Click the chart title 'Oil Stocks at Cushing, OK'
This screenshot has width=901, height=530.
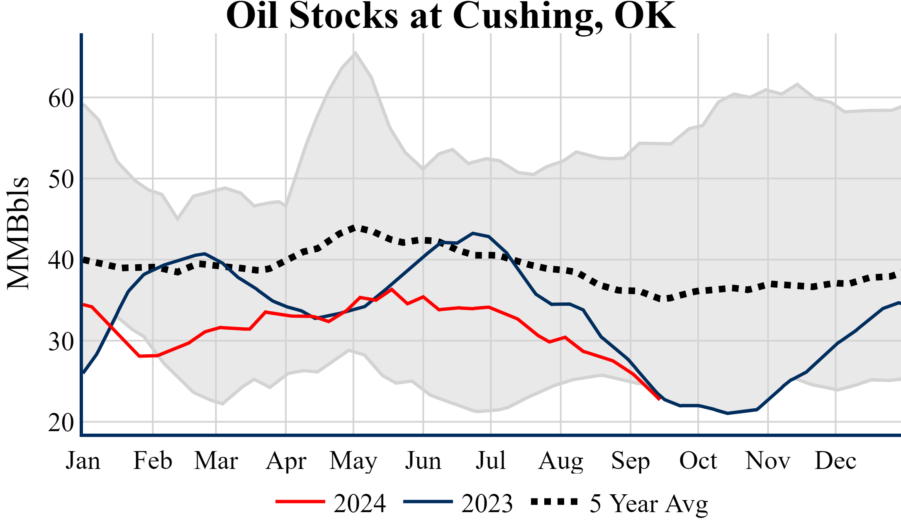coord(450,16)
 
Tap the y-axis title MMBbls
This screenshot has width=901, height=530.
coord(18,233)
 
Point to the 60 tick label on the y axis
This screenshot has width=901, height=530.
coord(61,99)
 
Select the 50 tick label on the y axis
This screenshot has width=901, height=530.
coord(61,180)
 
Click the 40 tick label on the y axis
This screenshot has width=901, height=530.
coord(61,261)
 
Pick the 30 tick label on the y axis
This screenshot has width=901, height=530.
coord(61,342)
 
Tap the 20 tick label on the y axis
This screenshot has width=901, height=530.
coord(61,423)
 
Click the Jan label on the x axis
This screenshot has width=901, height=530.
coord(83,461)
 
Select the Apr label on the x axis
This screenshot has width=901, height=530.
coord(286,461)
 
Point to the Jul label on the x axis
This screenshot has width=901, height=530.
coord(491,461)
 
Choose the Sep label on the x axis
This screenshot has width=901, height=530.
coord(630,461)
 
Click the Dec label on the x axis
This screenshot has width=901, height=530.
coord(835,461)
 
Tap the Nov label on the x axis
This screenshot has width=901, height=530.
coord(767,461)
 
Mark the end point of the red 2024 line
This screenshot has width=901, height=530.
coord(659,400)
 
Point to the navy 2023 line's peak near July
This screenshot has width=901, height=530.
coord(473,233)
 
